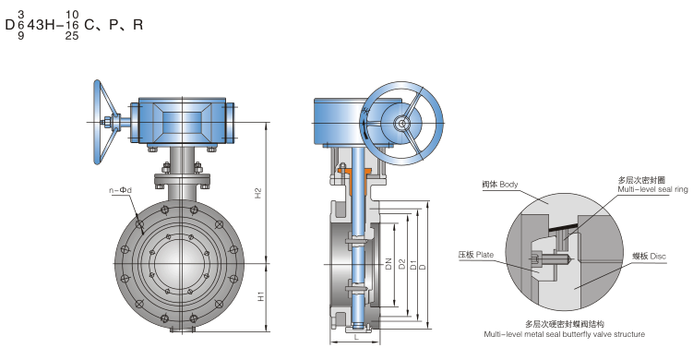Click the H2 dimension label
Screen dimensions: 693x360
pos(258,194)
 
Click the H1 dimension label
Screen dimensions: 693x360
pos(261,296)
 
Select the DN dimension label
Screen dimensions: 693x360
pos(388,264)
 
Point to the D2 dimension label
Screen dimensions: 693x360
pos(401,264)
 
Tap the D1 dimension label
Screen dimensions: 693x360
pos(412,265)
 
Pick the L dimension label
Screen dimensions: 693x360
pos(357,338)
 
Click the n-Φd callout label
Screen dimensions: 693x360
pos(120,190)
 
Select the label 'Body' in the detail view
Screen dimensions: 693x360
pos(508,184)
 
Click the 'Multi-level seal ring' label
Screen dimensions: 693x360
pos(652,189)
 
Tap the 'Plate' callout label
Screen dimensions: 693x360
pos(484,255)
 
